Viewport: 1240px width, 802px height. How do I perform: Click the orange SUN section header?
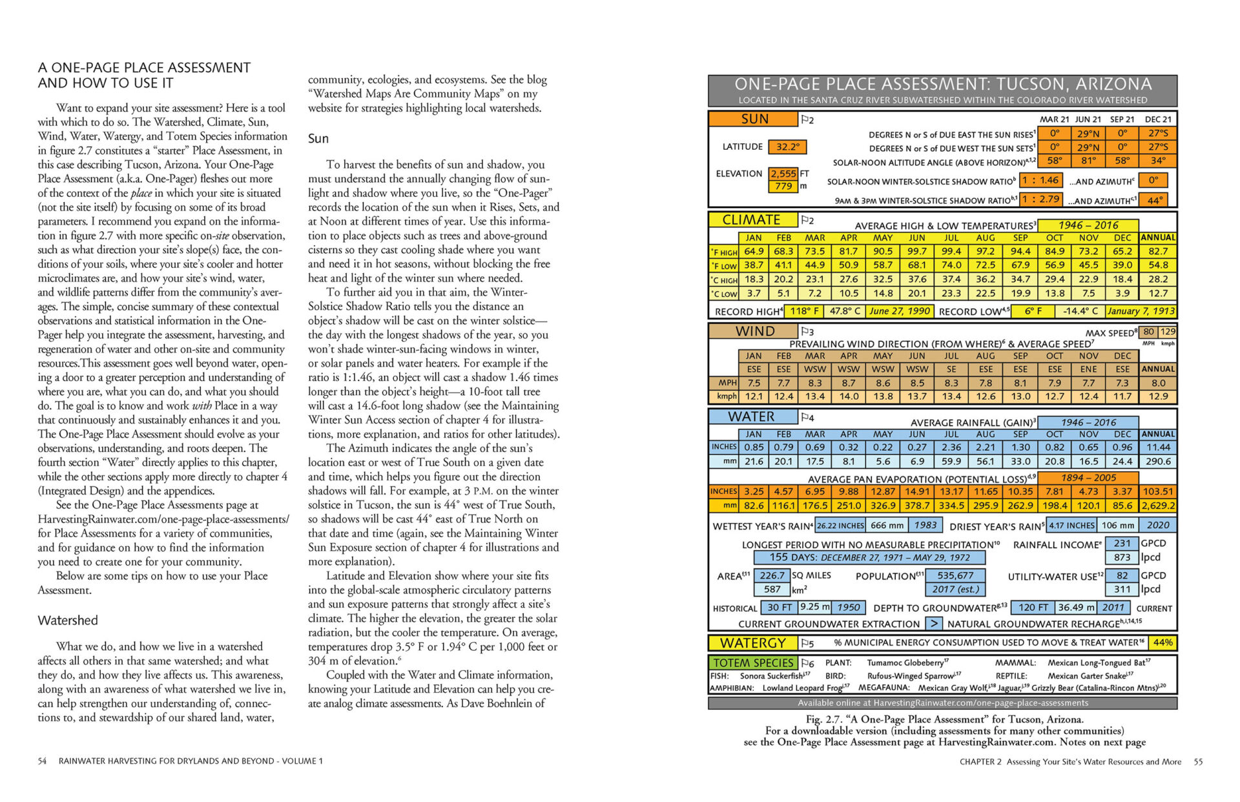click(754, 119)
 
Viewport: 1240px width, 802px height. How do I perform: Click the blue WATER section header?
click(751, 417)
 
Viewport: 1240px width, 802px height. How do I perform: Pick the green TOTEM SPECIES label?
click(753, 663)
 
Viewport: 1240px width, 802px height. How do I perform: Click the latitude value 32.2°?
click(787, 147)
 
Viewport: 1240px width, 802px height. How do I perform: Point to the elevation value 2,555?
click(783, 174)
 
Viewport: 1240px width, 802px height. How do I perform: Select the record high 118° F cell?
click(804, 311)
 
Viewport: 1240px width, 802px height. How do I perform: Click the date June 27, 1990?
click(899, 311)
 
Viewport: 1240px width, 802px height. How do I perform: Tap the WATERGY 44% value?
click(1162, 643)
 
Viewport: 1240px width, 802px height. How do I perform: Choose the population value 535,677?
click(955, 575)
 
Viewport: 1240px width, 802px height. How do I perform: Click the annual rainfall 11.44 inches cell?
click(1158, 447)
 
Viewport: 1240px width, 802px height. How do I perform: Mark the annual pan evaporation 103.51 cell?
click(1158, 492)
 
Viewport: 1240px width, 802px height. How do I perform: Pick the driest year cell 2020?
click(1157, 526)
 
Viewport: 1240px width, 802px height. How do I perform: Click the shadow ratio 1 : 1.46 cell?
click(1040, 181)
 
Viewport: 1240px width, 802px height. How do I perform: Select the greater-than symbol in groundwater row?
click(934, 624)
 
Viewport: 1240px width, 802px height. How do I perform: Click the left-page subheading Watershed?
click(68, 621)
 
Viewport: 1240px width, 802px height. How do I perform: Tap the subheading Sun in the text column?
click(318, 139)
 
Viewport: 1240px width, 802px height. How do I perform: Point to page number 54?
click(42, 761)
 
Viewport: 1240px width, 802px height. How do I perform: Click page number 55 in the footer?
click(1198, 762)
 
